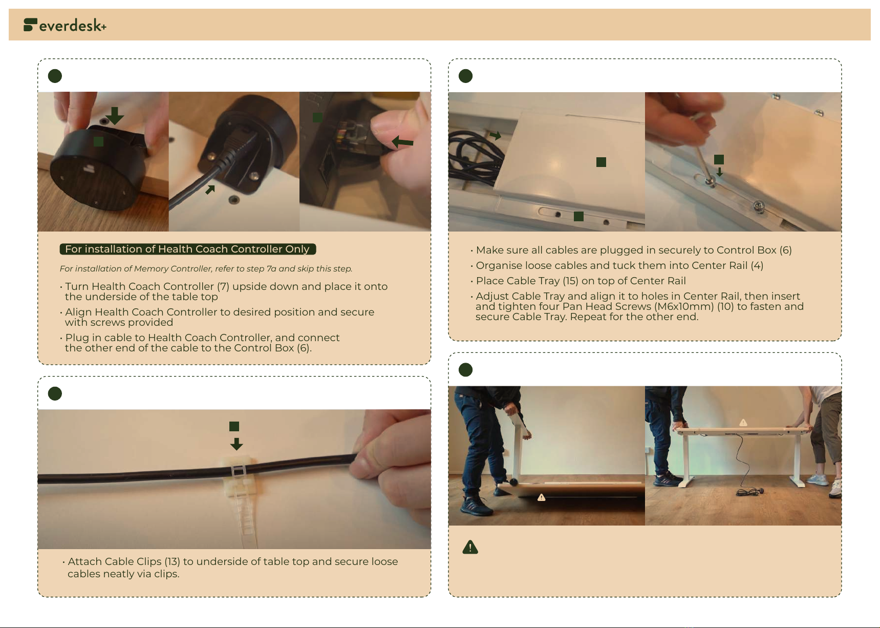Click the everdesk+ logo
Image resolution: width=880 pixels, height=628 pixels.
click(x=65, y=25)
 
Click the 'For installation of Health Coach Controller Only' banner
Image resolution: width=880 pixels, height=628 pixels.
click(x=188, y=249)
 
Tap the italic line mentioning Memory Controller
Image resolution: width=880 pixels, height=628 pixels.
click(x=206, y=268)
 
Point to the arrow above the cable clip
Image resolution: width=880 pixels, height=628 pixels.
click(x=236, y=444)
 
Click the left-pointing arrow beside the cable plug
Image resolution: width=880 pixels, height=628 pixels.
click(x=402, y=142)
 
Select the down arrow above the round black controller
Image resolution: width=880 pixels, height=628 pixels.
click(x=114, y=116)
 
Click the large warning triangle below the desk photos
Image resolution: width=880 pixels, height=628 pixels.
click(x=470, y=547)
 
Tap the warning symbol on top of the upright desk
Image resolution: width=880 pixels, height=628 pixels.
click(x=743, y=423)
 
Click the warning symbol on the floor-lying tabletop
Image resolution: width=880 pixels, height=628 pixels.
click(x=541, y=497)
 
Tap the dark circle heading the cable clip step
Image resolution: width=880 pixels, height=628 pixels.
click(x=55, y=393)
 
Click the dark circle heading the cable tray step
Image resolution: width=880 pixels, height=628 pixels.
click(x=465, y=76)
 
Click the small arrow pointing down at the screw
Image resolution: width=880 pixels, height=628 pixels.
click(x=720, y=172)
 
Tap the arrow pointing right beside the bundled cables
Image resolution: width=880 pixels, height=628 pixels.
click(x=495, y=136)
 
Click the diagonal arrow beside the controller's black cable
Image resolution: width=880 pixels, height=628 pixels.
click(x=210, y=190)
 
